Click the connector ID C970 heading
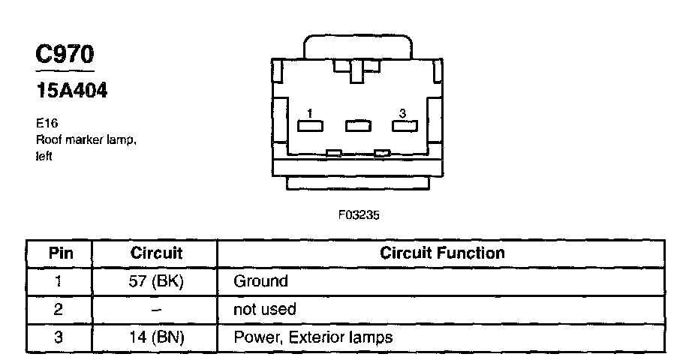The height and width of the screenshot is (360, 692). [x=65, y=55]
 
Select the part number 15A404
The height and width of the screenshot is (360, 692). [x=72, y=91]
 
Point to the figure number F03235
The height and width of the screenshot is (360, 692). [x=360, y=214]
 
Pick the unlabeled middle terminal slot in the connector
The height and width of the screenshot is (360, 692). [x=357, y=125]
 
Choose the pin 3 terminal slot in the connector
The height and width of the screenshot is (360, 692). [x=404, y=125]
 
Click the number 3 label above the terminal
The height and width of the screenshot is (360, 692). [x=403, y=113]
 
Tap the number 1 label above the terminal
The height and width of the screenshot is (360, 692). [x=309, y=113]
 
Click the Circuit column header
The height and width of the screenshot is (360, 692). [x=156, y=253]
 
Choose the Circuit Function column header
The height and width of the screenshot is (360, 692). [x=442, y=253]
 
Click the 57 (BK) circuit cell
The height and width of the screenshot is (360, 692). [x=156, y=281]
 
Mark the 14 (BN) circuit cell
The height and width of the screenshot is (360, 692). [x=156, y=337]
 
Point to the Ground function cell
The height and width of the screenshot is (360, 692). [x=260, y=281]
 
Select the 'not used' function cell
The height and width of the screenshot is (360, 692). [x=265, y=309]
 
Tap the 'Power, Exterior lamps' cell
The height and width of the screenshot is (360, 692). [x=313, y=337]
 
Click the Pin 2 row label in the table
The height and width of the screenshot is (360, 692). [x=59, y=309]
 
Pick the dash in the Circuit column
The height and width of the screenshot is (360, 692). [x=156, y=309]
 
